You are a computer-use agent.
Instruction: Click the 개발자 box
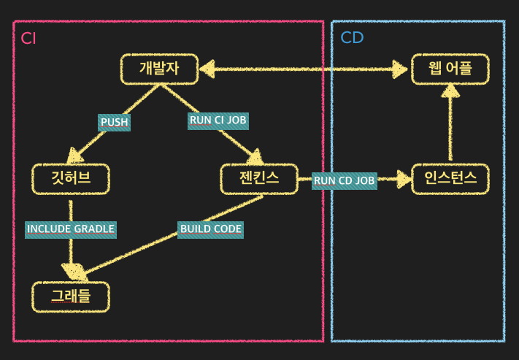tap(159, 69)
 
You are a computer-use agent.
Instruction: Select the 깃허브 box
tap(71, 179)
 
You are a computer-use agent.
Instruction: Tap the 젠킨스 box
tap(259, 179)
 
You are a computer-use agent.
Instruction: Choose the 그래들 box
tap(71, 296)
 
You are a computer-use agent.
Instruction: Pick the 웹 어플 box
tap(450, 69)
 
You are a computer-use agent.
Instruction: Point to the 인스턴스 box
tap(450, 179)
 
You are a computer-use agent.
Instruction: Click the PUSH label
tap(114, 122)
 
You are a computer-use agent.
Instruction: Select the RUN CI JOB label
tap(218, 121)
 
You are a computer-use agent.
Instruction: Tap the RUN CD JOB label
tap(345, 181)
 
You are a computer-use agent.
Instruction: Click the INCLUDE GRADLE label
tap(71, 229)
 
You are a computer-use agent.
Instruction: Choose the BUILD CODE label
tap(210, 229)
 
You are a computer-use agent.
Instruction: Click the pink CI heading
tap(28, 39)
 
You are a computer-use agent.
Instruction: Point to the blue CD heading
tap(352, 38)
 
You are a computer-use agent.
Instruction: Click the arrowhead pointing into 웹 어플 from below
tap(450, 91)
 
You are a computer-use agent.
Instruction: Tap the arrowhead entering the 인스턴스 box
tap(404, 179)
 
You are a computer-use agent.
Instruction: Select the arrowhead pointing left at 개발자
tap(207, 69)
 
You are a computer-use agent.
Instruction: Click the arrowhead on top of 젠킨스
tap(255, 157)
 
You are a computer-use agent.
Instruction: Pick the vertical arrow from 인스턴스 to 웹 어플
tap(450, 122)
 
